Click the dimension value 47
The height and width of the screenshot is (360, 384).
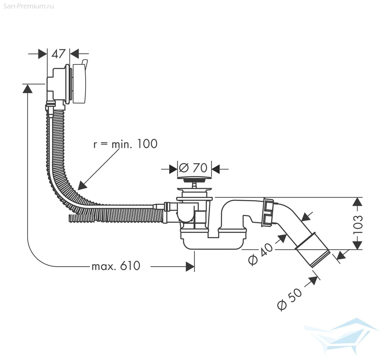tap(58, 54)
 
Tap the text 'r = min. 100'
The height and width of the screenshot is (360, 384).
tap(125, 144)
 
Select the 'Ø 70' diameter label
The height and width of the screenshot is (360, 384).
tap(193, 168)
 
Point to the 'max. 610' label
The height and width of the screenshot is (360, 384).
tap(116, 266)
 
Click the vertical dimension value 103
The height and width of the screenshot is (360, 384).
tap(358, 225)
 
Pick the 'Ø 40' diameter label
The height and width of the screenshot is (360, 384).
tap(260, 254)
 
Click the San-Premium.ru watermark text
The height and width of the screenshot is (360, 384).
tap(29, 6)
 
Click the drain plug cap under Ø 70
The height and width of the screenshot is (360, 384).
tap(194, 178)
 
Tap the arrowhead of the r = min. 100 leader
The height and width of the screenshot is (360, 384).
tap(82, 185)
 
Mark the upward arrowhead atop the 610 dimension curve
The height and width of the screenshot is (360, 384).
tap(28, 88)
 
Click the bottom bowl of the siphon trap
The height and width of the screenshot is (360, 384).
tap(214, 244)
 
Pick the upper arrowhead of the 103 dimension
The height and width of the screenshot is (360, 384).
tap(358, 202)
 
